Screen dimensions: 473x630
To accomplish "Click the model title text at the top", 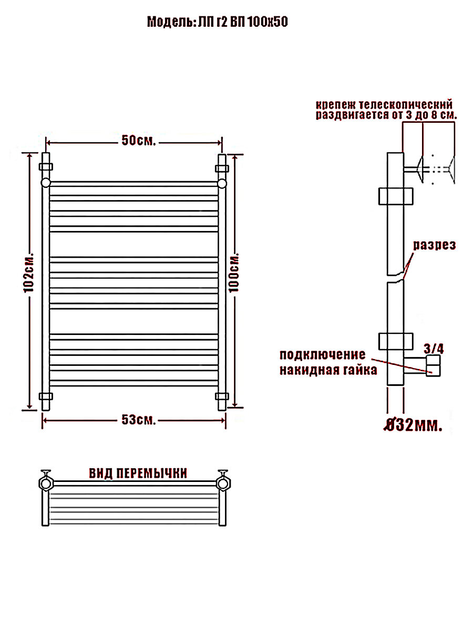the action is [x=218, y=22].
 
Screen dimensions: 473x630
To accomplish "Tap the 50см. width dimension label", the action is [x=139, y=140].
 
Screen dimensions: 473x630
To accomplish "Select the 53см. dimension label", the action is [x=139, y=420].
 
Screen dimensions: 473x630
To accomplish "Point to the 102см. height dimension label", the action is [x=29, y=272].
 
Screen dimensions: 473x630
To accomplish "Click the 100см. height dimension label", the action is [x=234, y=272].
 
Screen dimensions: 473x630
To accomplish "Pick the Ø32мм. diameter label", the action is [x=413, y=425].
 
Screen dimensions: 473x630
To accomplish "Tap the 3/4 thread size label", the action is [x=434, y=349].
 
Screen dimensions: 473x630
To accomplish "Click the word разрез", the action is [x=434, y=245].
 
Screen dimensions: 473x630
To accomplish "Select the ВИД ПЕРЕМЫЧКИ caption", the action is [x=138, y=474].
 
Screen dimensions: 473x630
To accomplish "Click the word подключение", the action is [x=323, y=355].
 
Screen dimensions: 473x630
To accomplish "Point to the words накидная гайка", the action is [x=328, y=370].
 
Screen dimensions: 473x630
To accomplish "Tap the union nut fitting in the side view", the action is [x=433, y=365].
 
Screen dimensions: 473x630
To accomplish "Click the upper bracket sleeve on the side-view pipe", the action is [x=396, y=196].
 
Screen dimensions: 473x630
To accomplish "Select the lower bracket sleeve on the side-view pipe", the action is [x=396, y=341].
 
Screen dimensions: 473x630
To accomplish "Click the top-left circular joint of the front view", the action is [x=46, y=183].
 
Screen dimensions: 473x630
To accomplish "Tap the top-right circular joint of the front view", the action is [x=222, y=183].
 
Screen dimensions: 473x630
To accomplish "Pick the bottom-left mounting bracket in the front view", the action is [x=46, y=396].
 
